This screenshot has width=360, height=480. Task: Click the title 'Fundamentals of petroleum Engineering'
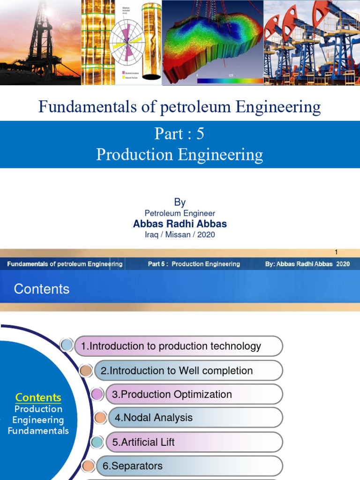tap(180, 107)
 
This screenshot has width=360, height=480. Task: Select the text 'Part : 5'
tap(180, 134)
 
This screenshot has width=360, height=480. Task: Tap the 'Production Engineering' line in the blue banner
tap(180, 155)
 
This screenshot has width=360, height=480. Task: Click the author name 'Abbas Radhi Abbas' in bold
tap(180, 224)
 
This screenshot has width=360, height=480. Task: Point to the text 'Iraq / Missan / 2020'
tap(180, 234)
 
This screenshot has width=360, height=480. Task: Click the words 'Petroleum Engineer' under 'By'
tap(180, 213)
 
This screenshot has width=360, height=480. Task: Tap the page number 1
tap(336, 252)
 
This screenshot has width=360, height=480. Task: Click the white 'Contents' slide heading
tap(42, 289)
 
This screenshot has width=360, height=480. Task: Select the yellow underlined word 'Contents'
tap(38, 397)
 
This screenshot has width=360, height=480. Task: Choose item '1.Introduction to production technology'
tap(171, 346)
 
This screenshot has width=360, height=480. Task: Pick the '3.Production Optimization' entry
tap(172, 395)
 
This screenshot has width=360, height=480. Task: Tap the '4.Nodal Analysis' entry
tap(154, 418)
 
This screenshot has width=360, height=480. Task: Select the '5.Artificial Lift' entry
tap(143, 442)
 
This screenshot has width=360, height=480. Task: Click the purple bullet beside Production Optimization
tap(97, 394)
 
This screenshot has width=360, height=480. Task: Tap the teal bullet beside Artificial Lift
tap(97, 442)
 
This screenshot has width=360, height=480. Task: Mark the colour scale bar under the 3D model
tap(230, 81)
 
